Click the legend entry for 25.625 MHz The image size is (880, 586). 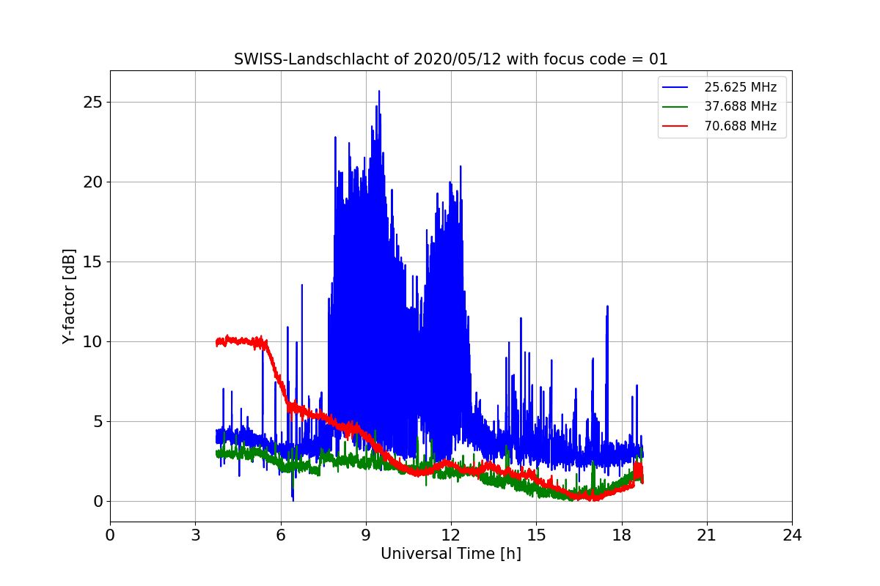point(740,87)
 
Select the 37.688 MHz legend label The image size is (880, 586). point(740,106)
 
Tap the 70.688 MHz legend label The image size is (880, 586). point(740,126)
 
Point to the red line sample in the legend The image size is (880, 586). point(675,126)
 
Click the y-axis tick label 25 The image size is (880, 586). point(92,102)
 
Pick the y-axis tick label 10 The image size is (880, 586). point(92,341)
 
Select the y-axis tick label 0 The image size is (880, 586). point(97,501)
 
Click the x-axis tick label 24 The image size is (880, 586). point(792,535)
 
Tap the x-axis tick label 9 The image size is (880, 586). point(366,535)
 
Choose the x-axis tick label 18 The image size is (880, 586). point(622,535)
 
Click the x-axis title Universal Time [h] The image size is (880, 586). point(450,555)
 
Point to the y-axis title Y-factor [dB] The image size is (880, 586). point(69,297)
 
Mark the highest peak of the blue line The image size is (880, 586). point(379,92)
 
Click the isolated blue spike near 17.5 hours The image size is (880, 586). point(607,307)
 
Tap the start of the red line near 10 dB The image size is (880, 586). point(218,342)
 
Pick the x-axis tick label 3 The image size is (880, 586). point(195,535)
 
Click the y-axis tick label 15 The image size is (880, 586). point(92,262)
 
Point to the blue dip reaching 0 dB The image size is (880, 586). point(293,500)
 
